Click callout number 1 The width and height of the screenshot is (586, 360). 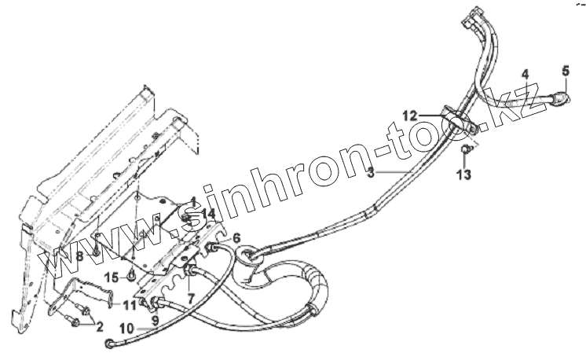tap(192, 200)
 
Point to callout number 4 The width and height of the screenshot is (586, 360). tap(525, 75)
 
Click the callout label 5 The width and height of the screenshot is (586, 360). tap(564, 72)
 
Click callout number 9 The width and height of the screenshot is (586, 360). tap(155, 321)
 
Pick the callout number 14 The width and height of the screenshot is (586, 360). tap(207, 213)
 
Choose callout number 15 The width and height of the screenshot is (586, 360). tap(112, 277)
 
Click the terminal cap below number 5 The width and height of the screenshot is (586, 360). tap(559, 98)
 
